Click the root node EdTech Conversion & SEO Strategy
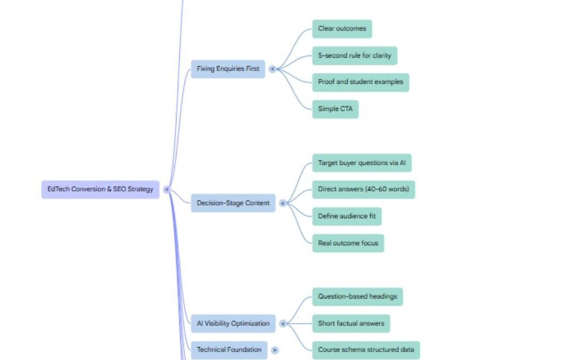tap(100, 189)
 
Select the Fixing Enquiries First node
tap(228, 69)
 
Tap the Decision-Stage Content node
tap(233, 203)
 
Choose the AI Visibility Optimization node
tap(233, 323)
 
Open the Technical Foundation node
tap(229, 350)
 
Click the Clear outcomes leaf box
tap(342, 29)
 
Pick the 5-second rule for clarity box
tap(354, 55)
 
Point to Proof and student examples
tap(361, 82)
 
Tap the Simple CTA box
tap(335, 109)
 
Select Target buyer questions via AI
tap(362, 163)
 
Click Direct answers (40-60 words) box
tap(363, 189)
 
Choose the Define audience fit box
tap(347, 217)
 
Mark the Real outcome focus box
tap(348, 243)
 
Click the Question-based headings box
tap(357, 297)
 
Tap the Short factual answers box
tap(351, 323)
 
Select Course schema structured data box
tap(366, 350)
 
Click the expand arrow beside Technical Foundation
tap(275, 350)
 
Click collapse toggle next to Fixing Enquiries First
tap(273, 69)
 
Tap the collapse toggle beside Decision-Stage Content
tap(283, 203)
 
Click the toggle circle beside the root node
tap(166, 189)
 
